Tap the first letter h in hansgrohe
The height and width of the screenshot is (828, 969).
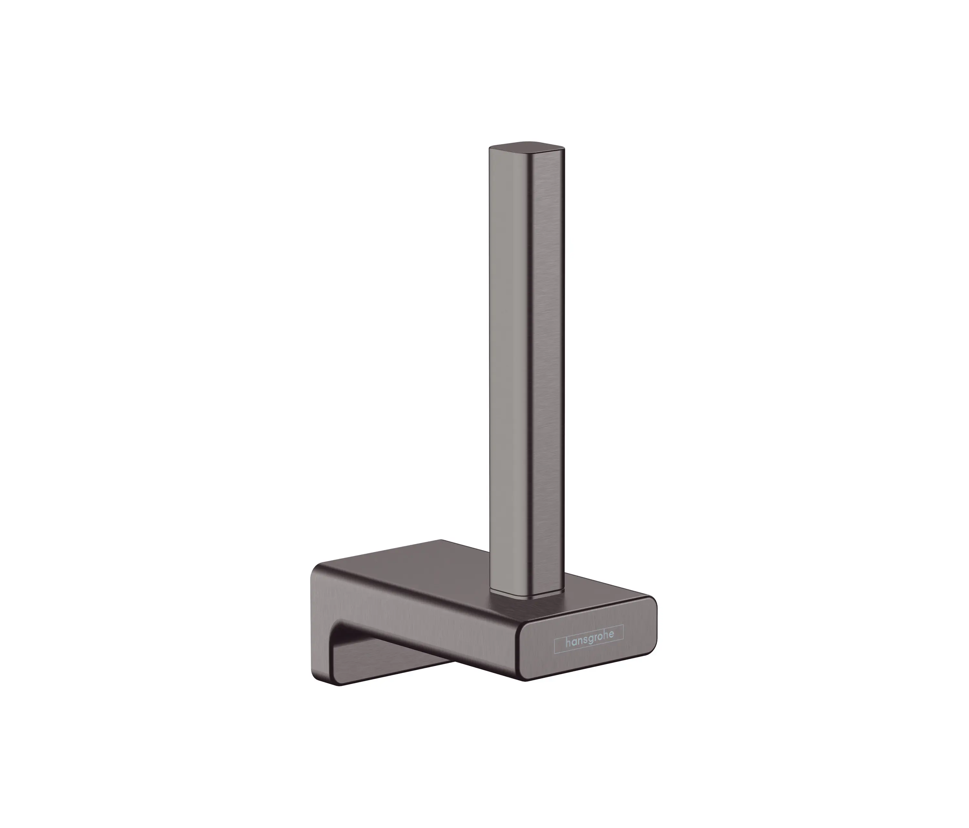(x=568, y=643)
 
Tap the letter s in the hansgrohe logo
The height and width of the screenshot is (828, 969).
(x=585, y=641)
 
